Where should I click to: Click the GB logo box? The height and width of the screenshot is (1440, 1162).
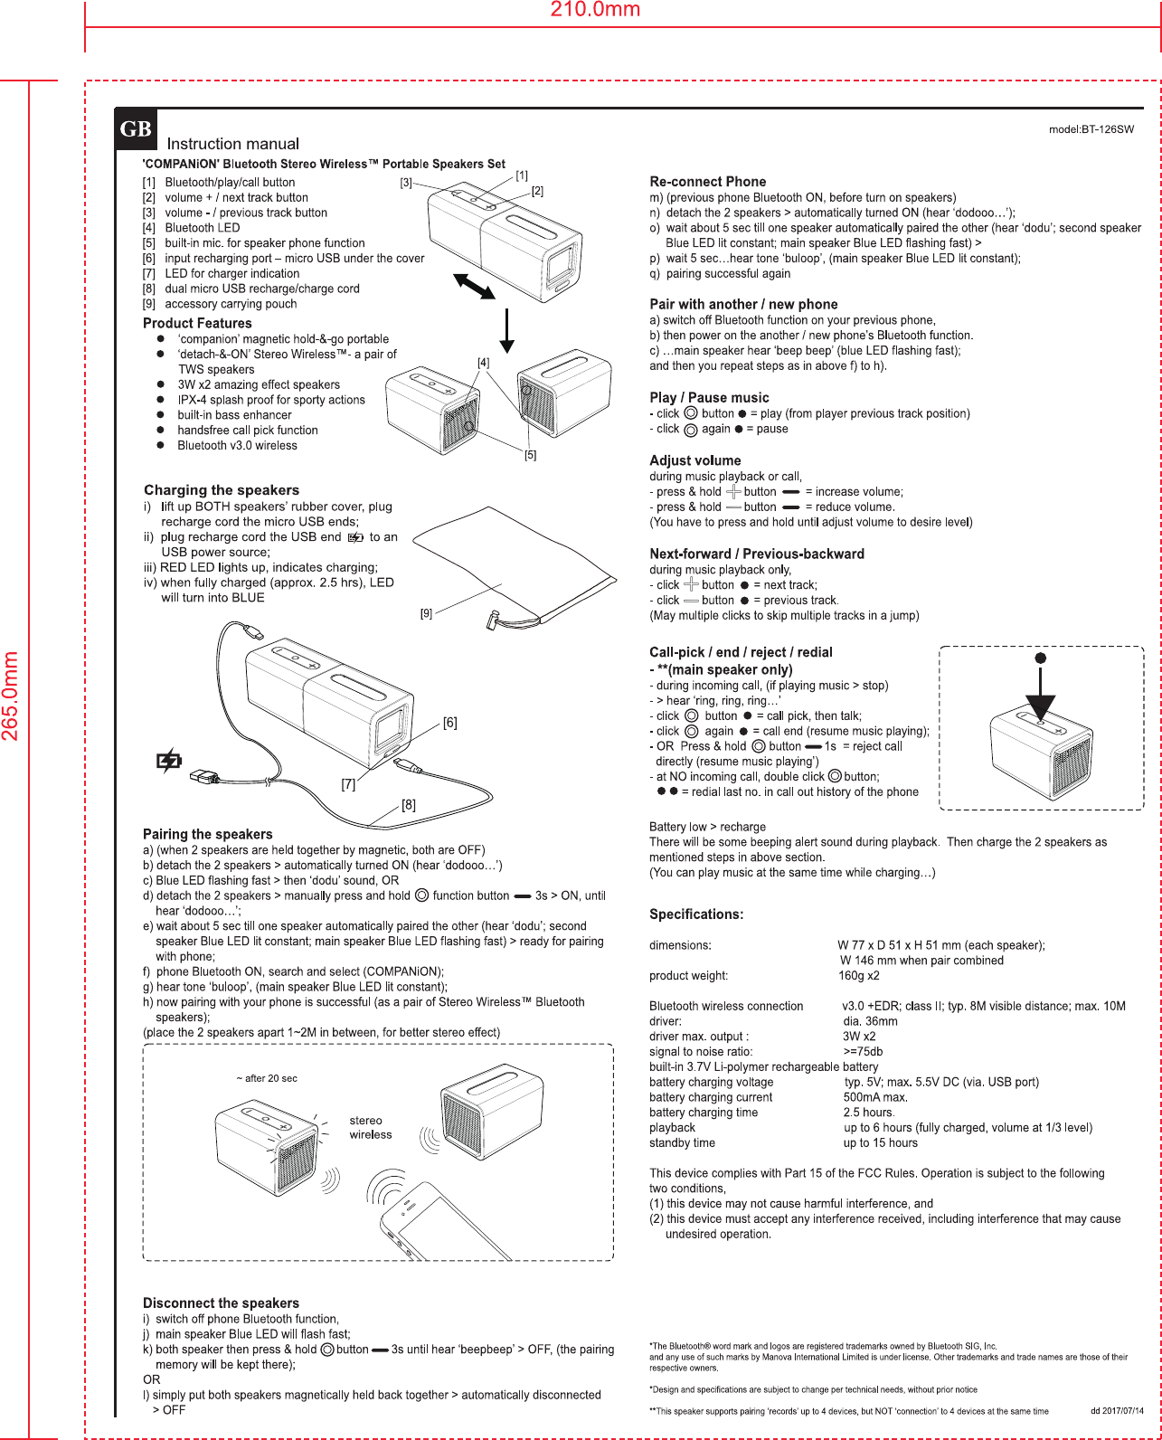pos(136,129)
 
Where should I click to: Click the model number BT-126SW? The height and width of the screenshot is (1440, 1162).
pos(1091,129)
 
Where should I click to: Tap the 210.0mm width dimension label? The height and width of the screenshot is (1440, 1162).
pos(595,10)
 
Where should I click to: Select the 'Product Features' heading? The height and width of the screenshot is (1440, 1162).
pos(197,323)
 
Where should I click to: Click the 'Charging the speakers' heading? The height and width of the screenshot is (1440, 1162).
pos(222,489)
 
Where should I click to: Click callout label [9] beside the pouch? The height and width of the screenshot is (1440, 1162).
pos(426,613)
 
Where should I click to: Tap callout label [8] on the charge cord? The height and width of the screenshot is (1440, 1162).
pos(409,805)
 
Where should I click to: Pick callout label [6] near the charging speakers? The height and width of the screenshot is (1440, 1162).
pos(449,723)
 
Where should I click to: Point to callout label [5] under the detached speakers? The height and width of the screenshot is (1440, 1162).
pos(531,455)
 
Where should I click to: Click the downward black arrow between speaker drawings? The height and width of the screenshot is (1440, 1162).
pos(507,330)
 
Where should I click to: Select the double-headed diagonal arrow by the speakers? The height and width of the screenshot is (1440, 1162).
pos(474,285)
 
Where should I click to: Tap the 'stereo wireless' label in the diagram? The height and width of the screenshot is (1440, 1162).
pos(371,1127)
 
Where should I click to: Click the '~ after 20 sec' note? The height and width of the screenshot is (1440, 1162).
pos(267,1078)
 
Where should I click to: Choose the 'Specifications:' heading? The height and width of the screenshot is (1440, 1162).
pos(696,914)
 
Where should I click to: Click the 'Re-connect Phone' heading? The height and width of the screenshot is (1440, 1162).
pos(707,182)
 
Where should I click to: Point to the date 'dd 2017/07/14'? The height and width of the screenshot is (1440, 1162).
pos(1117,1411)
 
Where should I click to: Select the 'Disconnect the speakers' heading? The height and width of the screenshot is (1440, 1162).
pos(221,1303)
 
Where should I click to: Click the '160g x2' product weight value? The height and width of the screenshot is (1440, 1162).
pos(859,975)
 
